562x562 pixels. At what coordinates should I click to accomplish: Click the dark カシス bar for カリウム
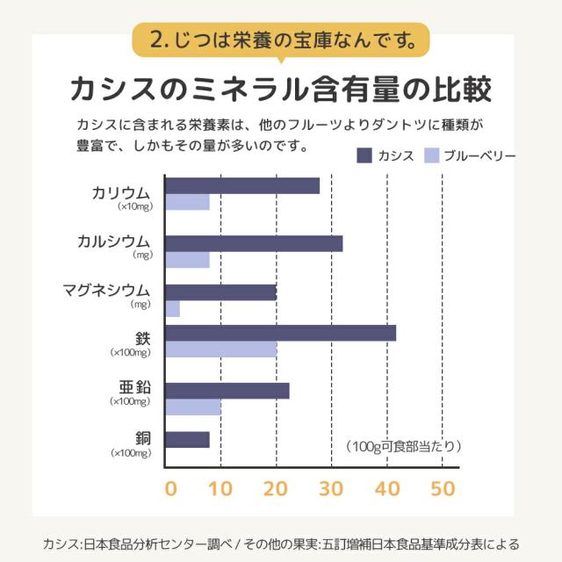pos(242,185)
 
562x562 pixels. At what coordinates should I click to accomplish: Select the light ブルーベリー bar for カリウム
pos(188,203)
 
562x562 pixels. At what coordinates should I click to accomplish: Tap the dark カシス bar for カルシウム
pos(254,243)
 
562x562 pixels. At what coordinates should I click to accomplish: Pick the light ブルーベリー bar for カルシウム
pos(188,260)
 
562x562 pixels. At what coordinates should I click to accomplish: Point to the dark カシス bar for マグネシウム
pos(221,292)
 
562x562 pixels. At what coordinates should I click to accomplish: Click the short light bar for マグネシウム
pos(173,309)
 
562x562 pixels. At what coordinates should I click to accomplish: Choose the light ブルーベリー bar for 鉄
pos(221,349)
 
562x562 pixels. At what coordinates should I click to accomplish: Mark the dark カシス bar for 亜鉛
pos(227,391)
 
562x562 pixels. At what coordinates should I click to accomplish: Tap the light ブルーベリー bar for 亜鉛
pos(193,407)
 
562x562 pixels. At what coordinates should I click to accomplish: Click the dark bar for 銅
pos(188,439)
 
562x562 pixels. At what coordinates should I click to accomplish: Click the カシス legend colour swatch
pos(365,155)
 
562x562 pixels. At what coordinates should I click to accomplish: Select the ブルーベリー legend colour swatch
pos(431,155)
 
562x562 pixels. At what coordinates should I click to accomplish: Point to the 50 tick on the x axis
pos(443,488)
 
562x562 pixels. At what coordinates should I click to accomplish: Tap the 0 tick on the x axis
pos(170,488)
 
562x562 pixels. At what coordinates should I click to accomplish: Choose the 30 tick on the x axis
pos(331,488)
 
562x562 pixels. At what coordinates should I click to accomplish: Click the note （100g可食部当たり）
pos(402,446)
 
